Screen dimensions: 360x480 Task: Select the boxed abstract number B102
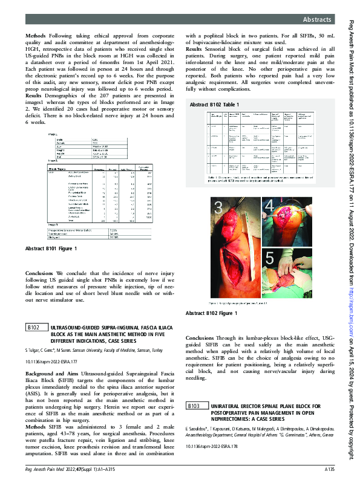click(34, 328)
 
